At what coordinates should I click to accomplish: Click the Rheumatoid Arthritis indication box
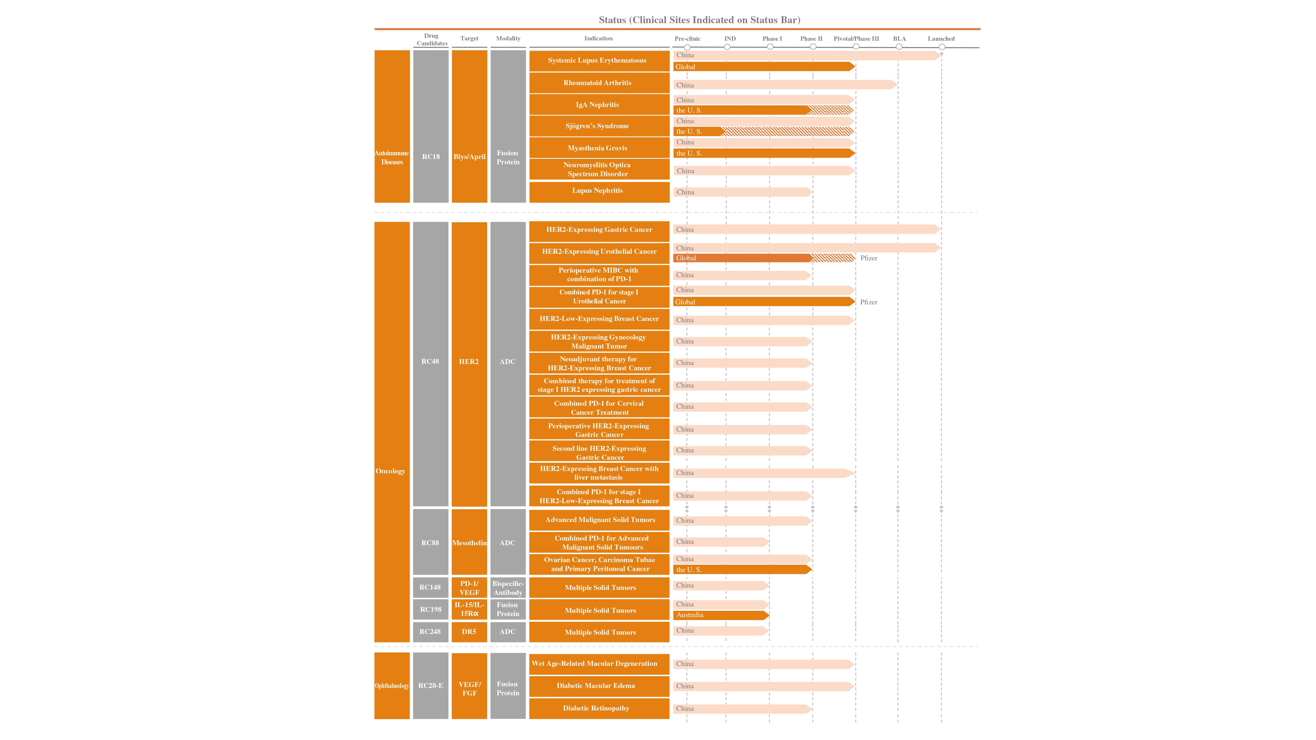(x=599, y=83)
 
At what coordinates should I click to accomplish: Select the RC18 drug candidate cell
(x=431, y=126)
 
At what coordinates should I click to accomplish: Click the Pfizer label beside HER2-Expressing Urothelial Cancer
(x=869, y=258)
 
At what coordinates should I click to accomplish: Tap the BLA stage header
(x=899, y=39)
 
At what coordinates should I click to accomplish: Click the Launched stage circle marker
(x=942, y=47)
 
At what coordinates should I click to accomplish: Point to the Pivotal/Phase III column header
(x=856, y=39)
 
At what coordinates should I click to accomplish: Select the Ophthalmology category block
(x=392, y=685)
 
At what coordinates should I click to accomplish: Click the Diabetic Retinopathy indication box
(x=599, y=708)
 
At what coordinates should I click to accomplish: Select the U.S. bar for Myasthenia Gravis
(x=764, y=153)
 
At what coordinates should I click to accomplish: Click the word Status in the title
(x=612, y=20)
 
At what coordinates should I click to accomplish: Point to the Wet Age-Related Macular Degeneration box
(x=599, y=664)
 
